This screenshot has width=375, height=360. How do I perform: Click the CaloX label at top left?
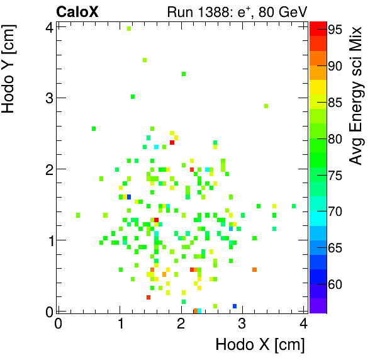77,11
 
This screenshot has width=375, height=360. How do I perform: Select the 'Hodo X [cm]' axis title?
260,345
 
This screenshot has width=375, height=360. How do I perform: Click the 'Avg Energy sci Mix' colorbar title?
357,94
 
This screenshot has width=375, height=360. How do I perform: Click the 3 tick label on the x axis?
242,323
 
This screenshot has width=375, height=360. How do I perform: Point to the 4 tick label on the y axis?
48,26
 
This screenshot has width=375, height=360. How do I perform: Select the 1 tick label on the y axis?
48,240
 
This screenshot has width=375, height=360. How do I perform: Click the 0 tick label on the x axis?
59,323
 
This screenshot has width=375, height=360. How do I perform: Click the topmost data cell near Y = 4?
129,28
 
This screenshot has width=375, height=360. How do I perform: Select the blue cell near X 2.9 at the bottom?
235,306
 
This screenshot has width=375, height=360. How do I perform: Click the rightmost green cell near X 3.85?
293,206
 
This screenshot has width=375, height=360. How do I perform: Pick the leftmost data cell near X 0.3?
78,215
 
